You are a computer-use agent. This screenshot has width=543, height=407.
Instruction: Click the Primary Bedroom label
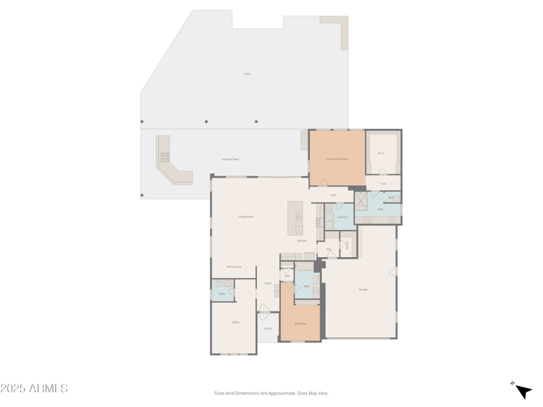pyautogui.click(x=337, y=159)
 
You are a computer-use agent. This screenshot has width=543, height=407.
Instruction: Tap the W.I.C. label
pyautogui.click(x=381, y=153)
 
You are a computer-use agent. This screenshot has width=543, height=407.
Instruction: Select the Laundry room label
pyautogui.click(x=343, y=217)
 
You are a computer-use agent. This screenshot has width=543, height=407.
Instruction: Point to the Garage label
pyautogui.click(x=363, y=290)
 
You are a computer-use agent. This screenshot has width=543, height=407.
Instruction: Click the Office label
pyautogui.click(x=236, y=322)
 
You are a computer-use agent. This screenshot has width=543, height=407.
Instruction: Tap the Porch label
pyautogui.click(x=267, y=329)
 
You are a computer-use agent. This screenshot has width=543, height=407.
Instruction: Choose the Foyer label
pyautogui.click(x=268, y=284)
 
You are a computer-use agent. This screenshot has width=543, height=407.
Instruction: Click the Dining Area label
pyautogui.click(x=233, y=267)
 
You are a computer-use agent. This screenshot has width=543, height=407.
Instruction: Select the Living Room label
pyautogui.click(x=246, y=216)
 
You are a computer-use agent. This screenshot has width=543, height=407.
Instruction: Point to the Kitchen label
pyautogui.click(x=302, y=241)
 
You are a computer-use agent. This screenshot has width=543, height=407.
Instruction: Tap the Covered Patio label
pyautogui.click(x=230, y=159)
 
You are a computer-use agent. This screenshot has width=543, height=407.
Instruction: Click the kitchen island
pyautogui.click(x=295, y=217)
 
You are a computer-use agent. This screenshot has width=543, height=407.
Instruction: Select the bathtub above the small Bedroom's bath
pyautogui.click(x=304, y=267)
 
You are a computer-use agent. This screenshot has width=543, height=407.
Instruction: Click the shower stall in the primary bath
pyautogui.click(x=361, y=201)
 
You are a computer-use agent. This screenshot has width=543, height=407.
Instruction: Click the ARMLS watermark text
pyautogui.click(x=34, y=389)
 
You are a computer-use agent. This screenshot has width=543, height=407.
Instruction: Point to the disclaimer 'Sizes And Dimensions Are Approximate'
pyautogui.click(x=271, y=393)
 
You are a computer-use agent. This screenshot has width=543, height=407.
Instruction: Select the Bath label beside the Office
pyautogui.click(x=222, y=294)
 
